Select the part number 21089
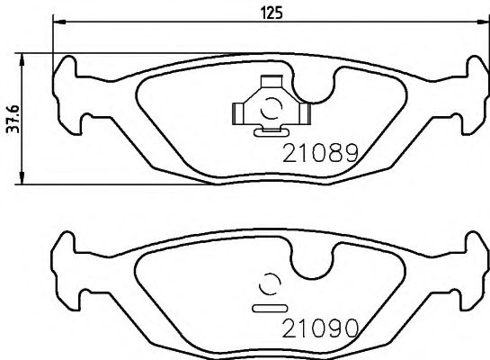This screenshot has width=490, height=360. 322,154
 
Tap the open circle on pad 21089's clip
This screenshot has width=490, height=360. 268,111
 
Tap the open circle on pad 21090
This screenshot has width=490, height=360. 268,284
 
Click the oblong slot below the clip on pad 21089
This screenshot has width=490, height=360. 268,133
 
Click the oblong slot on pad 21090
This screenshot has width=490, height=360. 268,307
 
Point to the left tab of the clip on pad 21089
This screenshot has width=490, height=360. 238,112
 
